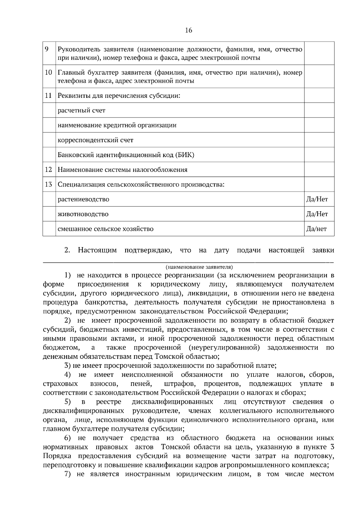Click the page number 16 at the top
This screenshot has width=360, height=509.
tap(188, 30)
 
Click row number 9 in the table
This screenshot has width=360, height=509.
tap(47, 49)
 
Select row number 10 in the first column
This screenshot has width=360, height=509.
tap(48, 72)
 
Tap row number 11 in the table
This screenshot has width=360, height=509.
tap(48, 96)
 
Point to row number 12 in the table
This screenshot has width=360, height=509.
tap(48, 170)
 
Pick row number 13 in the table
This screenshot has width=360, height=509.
tap(48, 184)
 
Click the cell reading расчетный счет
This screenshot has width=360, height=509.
tap(81, 110)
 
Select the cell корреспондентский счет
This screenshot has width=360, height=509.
tap(95, 140)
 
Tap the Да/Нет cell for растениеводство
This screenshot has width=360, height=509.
tap(317, 199)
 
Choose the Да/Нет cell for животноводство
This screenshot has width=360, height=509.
tap(317, 214)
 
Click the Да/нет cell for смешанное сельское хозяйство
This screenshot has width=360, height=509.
tap(316, 229)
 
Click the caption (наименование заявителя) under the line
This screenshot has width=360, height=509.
tap(199, 267)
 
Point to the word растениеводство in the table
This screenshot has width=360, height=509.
tap(83, 199)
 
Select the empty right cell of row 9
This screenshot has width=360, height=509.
tap(319, 53)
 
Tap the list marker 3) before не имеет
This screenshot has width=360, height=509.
tap(68, 366)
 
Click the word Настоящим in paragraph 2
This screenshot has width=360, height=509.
tap(97, 250)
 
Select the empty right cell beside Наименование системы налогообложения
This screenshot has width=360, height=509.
tap(319, 170)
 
